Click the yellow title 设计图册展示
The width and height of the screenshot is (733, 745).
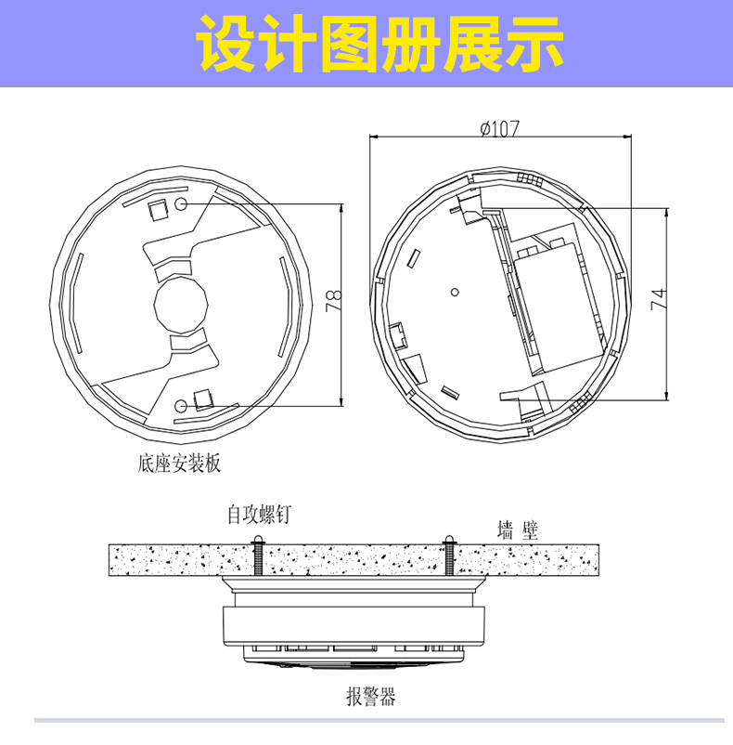tap(379, 44)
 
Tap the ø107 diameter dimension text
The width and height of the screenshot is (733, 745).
tap(500, 128)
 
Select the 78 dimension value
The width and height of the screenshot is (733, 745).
tap(333, 300)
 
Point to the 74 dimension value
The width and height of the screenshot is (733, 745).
tap(659, 299)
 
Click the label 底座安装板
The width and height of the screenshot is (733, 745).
tap(179, 464)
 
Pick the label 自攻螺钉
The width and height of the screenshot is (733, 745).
tap(259, 515)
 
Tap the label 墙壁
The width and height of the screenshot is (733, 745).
tap(518, 529)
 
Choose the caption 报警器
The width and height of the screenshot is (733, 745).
tap(371, 697)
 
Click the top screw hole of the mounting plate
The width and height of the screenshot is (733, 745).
tap(180, 203)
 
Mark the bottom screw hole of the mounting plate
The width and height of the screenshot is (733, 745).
tap(181, 406)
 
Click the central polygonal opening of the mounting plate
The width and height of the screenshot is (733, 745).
tap(181, 305)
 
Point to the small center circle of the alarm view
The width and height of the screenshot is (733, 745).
tap(455, 292)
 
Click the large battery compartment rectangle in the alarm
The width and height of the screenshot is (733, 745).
tap(559, 307)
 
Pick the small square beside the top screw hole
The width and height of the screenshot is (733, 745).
tap(158, 210)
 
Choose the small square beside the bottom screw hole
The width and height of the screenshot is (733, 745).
tap(203, 399)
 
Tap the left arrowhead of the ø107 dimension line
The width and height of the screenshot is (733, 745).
tap(373, 137)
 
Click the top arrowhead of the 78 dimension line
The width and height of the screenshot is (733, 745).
tap(341, 208)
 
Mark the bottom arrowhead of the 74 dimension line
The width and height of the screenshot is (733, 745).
tap(667, 397)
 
